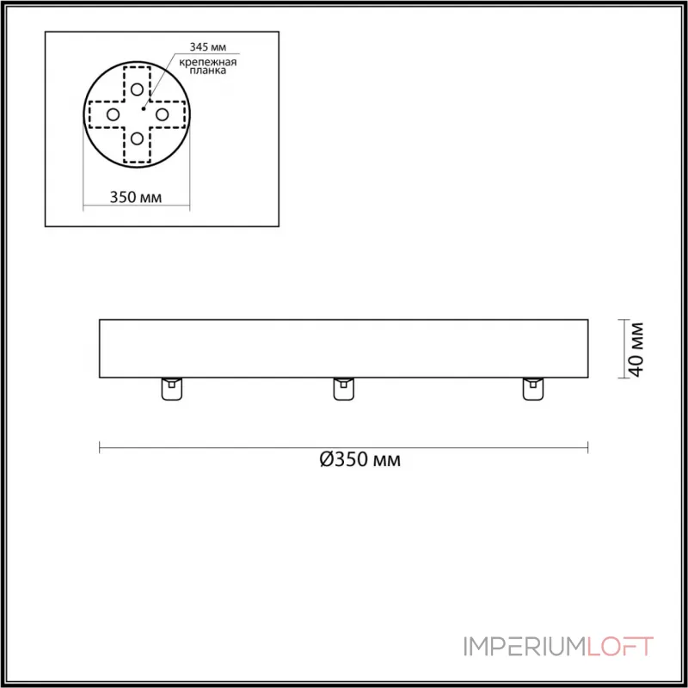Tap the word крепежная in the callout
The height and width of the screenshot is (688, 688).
(209, 64)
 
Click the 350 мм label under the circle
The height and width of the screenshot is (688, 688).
(136, 197)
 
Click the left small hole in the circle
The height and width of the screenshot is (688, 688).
(113, 114)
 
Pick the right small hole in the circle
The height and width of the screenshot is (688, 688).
(161, 114)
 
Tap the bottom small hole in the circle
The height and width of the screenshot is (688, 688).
(137, 138)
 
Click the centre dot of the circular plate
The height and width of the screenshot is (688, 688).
(143, 108)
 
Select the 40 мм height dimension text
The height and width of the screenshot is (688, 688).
(636, 349)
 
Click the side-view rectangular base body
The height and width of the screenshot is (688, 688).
(344, 347)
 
